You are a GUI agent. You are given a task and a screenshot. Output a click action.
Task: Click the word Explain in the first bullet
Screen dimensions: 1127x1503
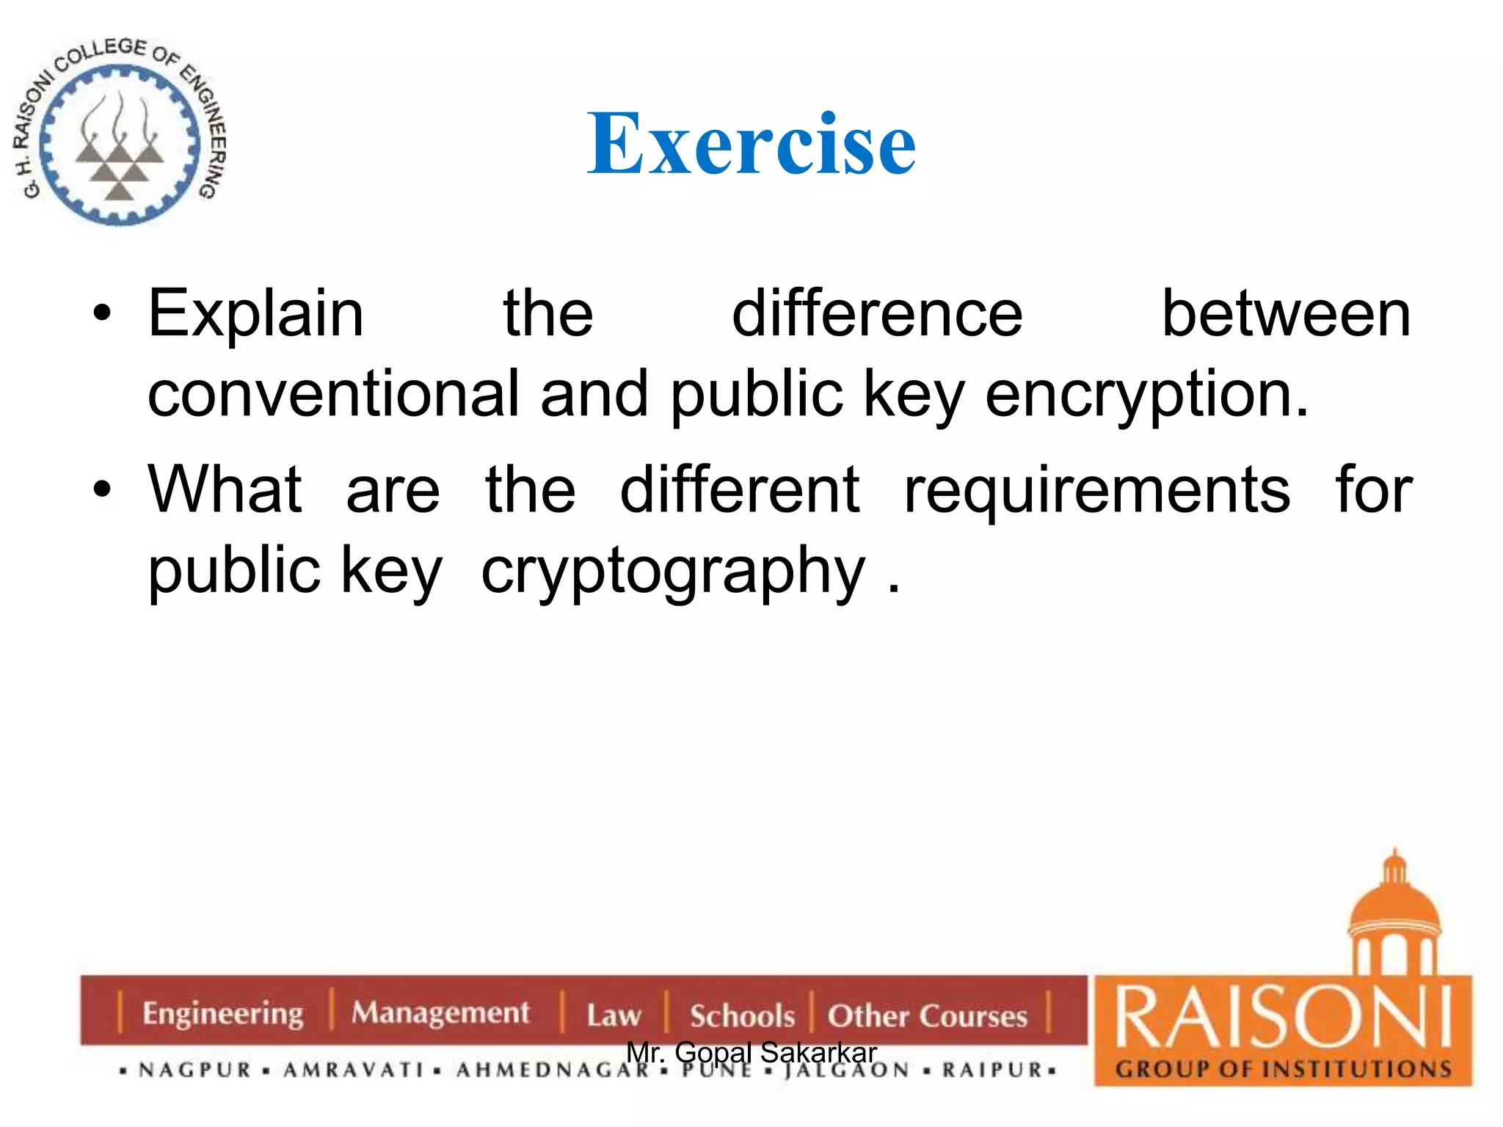coord(256,314)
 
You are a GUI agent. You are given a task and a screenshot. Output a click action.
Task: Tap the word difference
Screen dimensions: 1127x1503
coord(877,314)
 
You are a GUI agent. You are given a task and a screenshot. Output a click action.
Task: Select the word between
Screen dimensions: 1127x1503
coord(1287,314)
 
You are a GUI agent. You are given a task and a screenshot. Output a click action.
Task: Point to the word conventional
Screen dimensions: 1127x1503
coord(333,394)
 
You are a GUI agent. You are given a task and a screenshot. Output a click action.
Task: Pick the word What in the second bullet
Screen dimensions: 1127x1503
coord(225,489)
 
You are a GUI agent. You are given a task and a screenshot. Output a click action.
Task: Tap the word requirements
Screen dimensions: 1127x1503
coord(1096,489)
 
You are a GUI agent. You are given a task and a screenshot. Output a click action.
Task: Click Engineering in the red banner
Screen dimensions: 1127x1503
coord(222,1013)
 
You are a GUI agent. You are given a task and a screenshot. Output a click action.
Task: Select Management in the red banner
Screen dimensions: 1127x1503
coord(440,1013)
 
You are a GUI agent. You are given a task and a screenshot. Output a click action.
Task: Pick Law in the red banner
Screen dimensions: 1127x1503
coord(614,1015)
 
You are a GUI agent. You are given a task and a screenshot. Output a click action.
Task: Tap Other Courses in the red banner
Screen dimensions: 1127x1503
coord(927,1015)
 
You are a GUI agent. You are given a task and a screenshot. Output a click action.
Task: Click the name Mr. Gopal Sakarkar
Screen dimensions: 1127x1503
coord(751,1052)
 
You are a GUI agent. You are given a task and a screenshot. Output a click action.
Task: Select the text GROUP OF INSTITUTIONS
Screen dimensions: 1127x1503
coord(1283,1068)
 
